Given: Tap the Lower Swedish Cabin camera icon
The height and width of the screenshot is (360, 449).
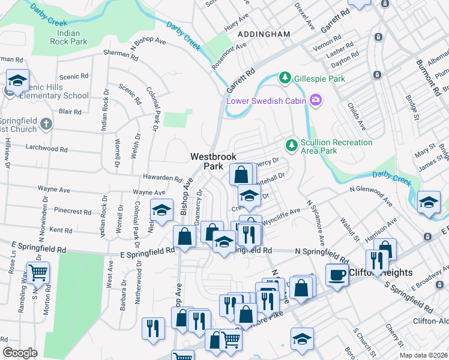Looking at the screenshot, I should point(316,100).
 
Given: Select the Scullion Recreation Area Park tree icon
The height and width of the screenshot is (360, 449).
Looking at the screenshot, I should point(291,144).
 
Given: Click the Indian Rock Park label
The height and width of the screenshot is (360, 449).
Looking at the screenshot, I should point(68,37).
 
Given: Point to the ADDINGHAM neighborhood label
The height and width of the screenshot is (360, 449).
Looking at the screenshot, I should point(264,34).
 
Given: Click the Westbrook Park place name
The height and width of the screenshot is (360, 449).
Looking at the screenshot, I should point(209,161).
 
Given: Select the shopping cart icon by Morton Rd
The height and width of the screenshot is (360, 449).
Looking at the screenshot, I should point(38,273).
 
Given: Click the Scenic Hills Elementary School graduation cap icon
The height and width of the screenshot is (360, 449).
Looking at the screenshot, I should point(18,80).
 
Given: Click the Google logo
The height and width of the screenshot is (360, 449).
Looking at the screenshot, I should point(20,353).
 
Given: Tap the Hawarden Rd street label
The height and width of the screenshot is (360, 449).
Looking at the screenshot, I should point(162,178).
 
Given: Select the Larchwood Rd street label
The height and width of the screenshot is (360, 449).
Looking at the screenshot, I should point(51,148).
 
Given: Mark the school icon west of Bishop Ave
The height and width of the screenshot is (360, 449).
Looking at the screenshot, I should point(161,210).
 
